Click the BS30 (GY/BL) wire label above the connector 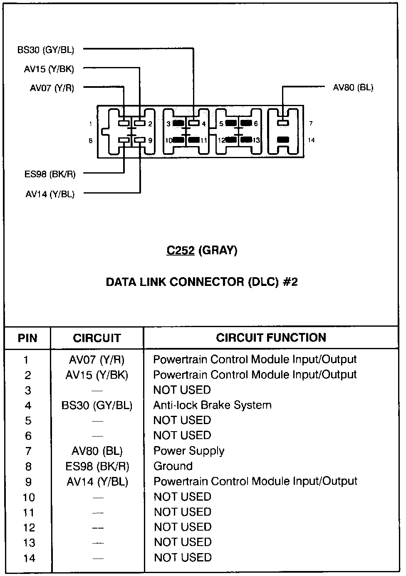[x=46, y=50]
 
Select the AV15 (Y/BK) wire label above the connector [x=49, y=69]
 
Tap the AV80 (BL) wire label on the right [x=353, y=87]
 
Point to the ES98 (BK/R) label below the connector [x=50, y=174]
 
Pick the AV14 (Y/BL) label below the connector [x=50, y=194]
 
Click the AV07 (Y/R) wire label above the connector [x=52, y=88]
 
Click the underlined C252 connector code [x=181, y=250]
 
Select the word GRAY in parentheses [x=218, y=250]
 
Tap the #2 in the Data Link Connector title [x=290, y=282]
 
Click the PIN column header [x=27, y=338]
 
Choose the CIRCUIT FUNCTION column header [x=271, y=338]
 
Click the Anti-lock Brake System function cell [x=212, y=405]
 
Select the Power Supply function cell [x=189, y=451]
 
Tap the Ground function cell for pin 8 [x=173, y=466]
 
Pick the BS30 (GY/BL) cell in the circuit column [x=97, y=405]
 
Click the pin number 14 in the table [x=29, y=558]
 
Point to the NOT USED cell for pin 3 [x=182, y=390]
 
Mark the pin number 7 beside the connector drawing [x=311, y=123]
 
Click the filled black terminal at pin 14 [x=283, y=140]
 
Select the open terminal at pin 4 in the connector [x=194, y=123]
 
